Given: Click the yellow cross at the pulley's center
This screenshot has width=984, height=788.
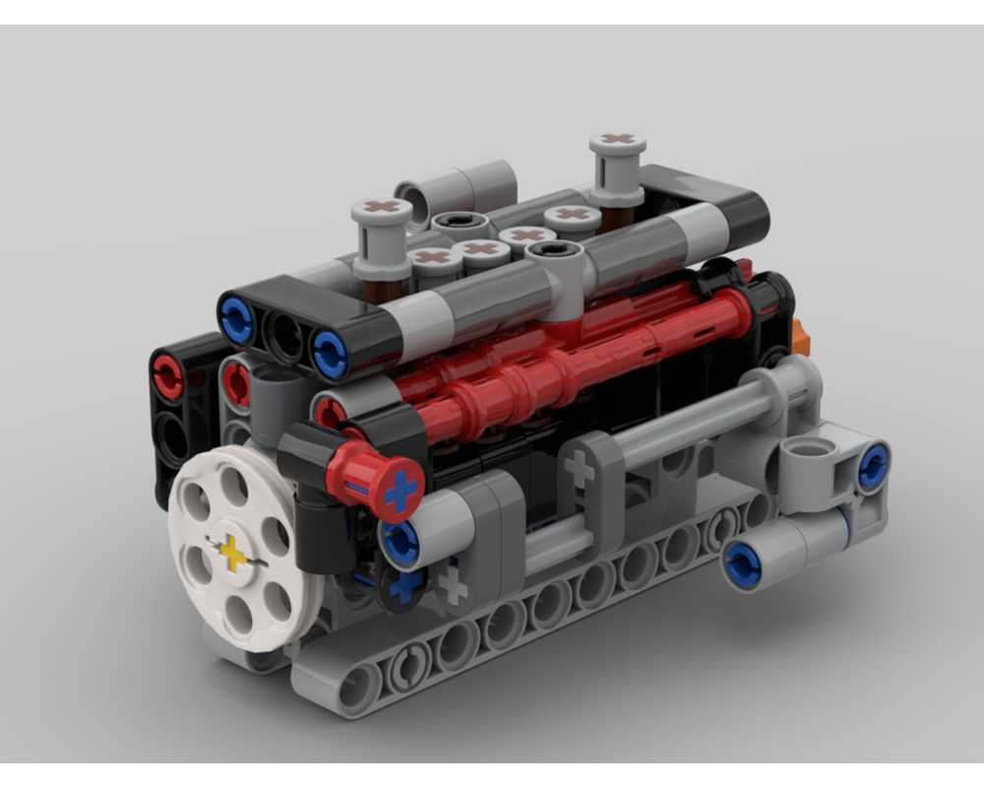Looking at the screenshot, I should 233,553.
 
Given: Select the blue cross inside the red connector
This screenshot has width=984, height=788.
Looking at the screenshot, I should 400,490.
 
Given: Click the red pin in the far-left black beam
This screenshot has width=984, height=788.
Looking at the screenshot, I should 167,375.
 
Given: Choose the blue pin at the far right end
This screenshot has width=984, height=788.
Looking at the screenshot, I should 873,467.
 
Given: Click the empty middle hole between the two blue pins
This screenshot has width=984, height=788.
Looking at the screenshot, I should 285,338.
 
